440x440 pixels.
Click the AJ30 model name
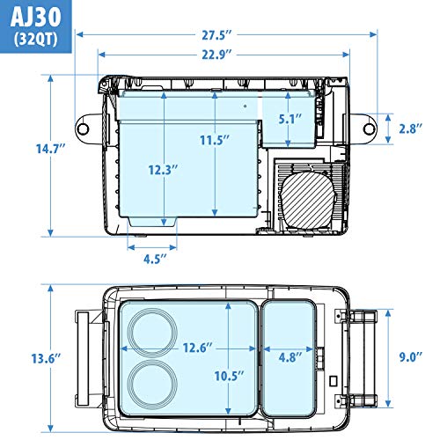click(x=35, y=18)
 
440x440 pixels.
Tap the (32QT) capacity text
click(x=36, y=40)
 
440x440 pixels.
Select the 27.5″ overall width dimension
click(x=216, y=35)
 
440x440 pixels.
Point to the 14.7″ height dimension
click(x=50, y=149)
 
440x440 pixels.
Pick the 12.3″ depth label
click(x=163, y=170)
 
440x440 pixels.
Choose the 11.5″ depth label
click(x=215, y=140)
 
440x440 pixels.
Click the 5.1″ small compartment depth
click(x=290, y=119)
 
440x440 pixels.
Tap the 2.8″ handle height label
click(x=411, y=128)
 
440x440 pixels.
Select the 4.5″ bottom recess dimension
click(x=155, y=259)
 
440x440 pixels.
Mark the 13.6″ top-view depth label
click(x=46, y=358)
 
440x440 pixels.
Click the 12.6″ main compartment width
click(x=197, y=348)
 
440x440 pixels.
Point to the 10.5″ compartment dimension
click(x=230, y=376)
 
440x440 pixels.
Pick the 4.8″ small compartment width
click(x=290, y=357)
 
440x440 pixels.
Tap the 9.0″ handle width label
click(x=411, y=357)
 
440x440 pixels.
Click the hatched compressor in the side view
click(x=308, y=200)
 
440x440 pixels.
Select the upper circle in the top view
click(x=152, y=332)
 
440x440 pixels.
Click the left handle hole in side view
click(x=83, y=128)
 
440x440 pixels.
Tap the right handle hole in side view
click(x=369, y=128)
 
